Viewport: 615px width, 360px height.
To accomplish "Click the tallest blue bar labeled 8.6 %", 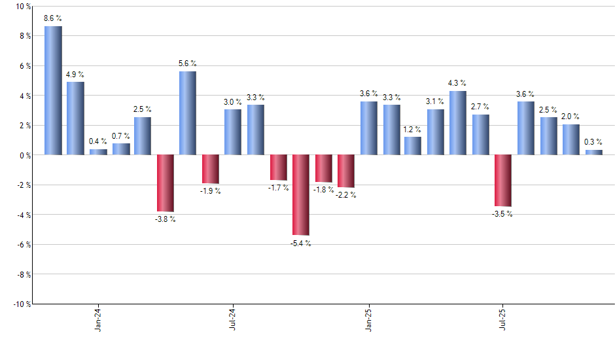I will pos(53,90).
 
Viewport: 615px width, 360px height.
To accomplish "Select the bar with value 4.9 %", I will pos(75,118).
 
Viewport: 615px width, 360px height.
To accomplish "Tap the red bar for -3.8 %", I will pos(165,183).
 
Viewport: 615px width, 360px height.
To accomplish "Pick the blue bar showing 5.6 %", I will pos(187,113).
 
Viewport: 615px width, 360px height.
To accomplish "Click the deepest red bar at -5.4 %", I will pos(300,194).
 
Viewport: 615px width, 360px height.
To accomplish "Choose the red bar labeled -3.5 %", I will pos(502,180).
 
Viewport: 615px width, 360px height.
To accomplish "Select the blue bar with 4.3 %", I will pos(457,122).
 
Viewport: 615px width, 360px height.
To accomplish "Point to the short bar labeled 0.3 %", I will pos(593,153).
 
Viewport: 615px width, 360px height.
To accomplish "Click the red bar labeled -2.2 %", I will pos(345,171).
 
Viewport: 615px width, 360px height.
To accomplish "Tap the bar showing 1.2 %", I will pos(412,145).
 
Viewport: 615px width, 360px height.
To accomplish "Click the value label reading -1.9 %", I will pos(210,191).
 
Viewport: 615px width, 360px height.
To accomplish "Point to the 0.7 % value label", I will pos(121,135).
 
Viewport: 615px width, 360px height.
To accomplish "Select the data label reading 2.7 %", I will pos(480,107).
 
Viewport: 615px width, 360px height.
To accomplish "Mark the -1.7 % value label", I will pos(278,188).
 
